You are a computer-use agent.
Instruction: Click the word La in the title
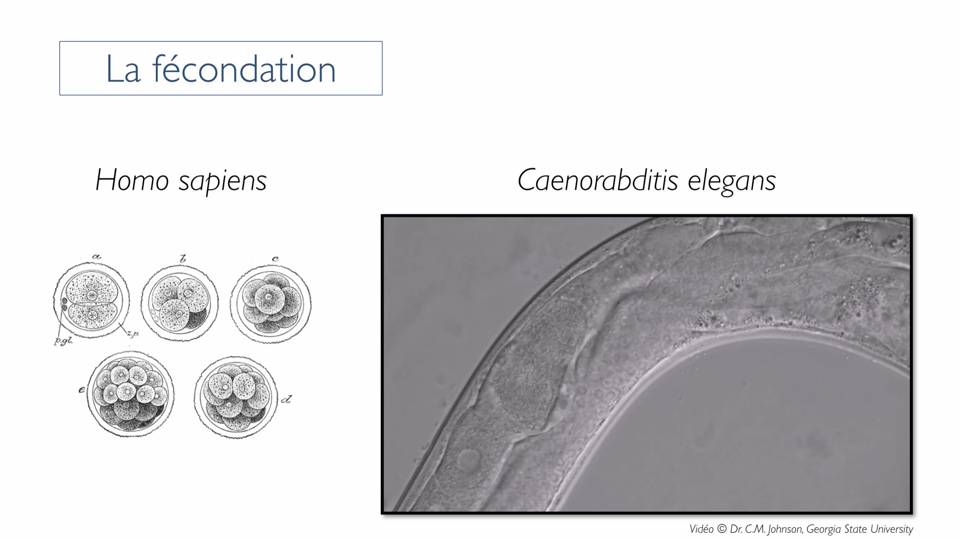(x=123, y=69)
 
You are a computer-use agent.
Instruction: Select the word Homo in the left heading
(x=132, y=180)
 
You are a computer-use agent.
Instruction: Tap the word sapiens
(x=223, y=182)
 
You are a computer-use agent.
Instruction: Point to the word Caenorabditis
(x=598, y=180)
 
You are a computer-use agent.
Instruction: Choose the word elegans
(x=732, y=182)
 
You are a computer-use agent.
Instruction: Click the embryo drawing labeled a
(x=91, y=300)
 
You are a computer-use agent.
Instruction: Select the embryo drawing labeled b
(x=179, y=303)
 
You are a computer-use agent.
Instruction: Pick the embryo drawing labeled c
(x=270, y=304)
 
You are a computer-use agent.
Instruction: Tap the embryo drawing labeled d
(x=236, y=397)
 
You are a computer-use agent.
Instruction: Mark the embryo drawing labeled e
(x=131, y=393)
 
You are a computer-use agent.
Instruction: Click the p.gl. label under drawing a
(x=63, y=341)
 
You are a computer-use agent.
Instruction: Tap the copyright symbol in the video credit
(x=722, y=529)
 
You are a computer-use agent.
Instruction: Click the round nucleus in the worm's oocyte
(x=469, y=459)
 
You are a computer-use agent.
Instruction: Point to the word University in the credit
(x=892, y=529)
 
